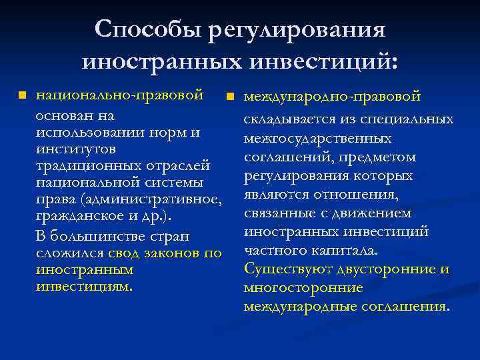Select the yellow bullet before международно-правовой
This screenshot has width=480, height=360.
tap(231, 97)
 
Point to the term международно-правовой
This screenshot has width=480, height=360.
tap(332, 97)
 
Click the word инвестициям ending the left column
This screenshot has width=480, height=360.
tap(83, 287)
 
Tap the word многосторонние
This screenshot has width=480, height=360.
tap(303, 288)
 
